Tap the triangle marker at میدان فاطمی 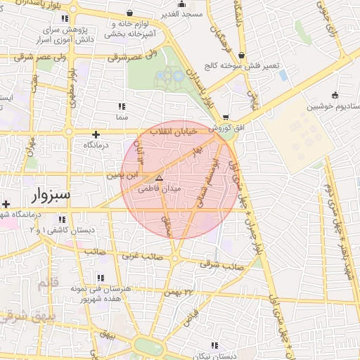click(x=159, y=178)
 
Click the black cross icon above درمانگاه click(x=96, y=134)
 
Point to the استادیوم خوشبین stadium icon click(x=335, y=95)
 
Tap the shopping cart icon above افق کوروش click(x=225, y=117)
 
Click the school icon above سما click(x=124, y=106)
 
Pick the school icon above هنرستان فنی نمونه click(x=100, y=278)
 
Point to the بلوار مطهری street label click(x=72, y=82)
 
